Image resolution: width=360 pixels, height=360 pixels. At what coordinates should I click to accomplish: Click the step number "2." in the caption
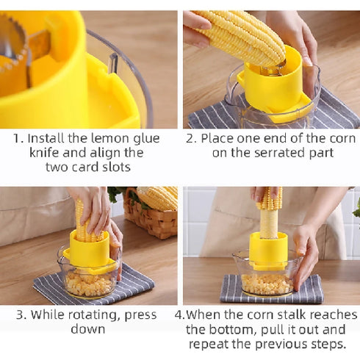(192, 138)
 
